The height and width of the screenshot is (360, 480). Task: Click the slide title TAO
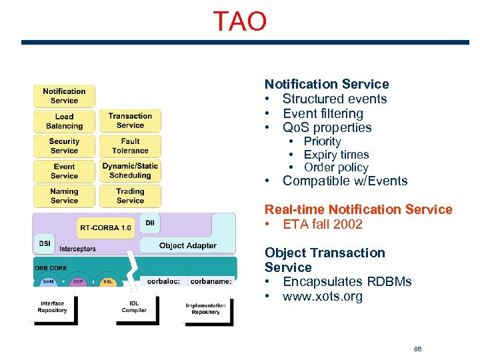(239, 22)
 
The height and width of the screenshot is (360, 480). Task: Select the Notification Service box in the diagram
(64, 96)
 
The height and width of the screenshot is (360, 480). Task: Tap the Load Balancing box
(64, 121)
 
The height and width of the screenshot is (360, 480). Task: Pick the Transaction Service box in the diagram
(130, 121)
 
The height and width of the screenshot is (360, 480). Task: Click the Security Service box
(64, 146)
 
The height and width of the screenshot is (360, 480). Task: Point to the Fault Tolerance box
(130, 146)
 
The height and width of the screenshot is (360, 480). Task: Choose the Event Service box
(64, 171)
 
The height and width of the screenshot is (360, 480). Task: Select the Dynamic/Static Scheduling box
(130, 171)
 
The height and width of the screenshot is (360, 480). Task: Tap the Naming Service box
(64, 196)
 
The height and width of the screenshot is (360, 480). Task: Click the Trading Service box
(130, 196)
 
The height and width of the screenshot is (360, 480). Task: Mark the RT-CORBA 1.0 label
(105, 227)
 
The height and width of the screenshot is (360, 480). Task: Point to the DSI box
(45, 244)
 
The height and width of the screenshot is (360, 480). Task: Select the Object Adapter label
(187, 245)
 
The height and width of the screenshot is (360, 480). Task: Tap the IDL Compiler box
(134, 307)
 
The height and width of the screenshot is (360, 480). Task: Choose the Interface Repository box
(52, 307)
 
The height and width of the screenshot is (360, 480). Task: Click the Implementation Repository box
(206, 309)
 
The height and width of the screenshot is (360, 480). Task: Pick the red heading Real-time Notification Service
(358, 209)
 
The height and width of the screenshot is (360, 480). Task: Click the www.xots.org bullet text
(323, 297)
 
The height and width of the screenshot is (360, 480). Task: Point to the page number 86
(417, 349)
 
